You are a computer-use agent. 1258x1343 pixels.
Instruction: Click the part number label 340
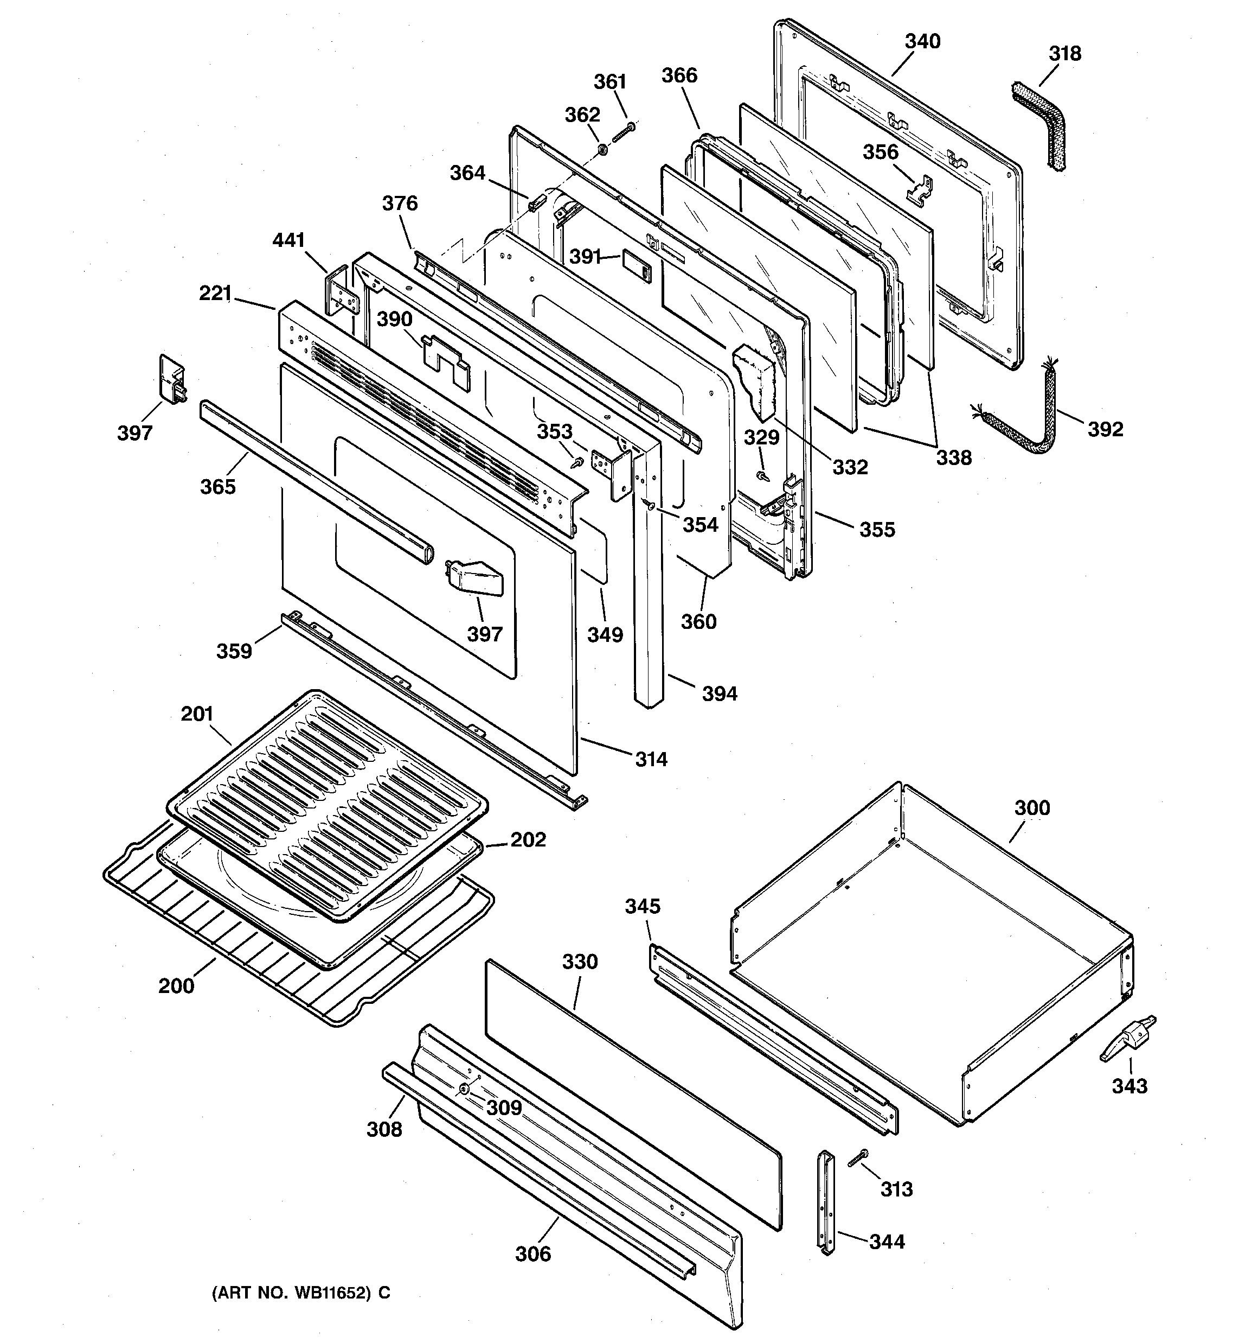click(922, 42)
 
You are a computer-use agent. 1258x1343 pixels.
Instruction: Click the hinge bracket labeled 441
click(342, 291)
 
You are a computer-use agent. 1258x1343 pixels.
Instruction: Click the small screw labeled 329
click(762, 476)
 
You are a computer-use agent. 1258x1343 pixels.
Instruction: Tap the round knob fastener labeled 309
click(465, 1089)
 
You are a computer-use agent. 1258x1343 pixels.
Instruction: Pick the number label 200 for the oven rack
click(176, 985)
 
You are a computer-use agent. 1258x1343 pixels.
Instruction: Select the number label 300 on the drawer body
click(1032, 808)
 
